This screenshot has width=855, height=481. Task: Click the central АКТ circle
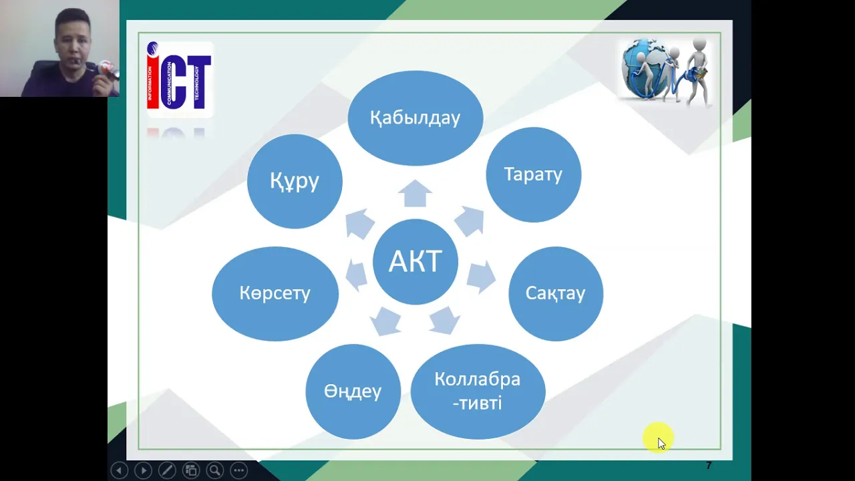coord(415,261)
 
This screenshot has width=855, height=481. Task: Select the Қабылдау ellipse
coord(415,118)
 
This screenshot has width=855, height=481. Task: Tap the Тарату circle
coord(533,174)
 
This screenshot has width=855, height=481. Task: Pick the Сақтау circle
coord(556,293)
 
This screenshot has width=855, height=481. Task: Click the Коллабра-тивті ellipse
coord(478,391)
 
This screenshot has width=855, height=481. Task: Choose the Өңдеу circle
coord(353,391)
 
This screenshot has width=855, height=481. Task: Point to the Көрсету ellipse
coord(275,293)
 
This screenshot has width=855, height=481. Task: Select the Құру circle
coord(295,181)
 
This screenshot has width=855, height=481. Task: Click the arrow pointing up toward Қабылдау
coord(415,193)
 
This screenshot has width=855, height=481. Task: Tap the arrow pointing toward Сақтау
coord(481,277)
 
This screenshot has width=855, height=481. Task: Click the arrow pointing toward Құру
coord(359,223)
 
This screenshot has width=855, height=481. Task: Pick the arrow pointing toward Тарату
coord(470,221)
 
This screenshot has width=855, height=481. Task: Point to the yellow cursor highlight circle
coord(658,438)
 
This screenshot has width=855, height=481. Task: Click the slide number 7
coord(709,466)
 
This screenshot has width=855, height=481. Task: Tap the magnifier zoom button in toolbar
coord(215,470)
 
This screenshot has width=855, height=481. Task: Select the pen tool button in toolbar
coord(167,470)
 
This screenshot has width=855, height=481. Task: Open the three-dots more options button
coord(239,470)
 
